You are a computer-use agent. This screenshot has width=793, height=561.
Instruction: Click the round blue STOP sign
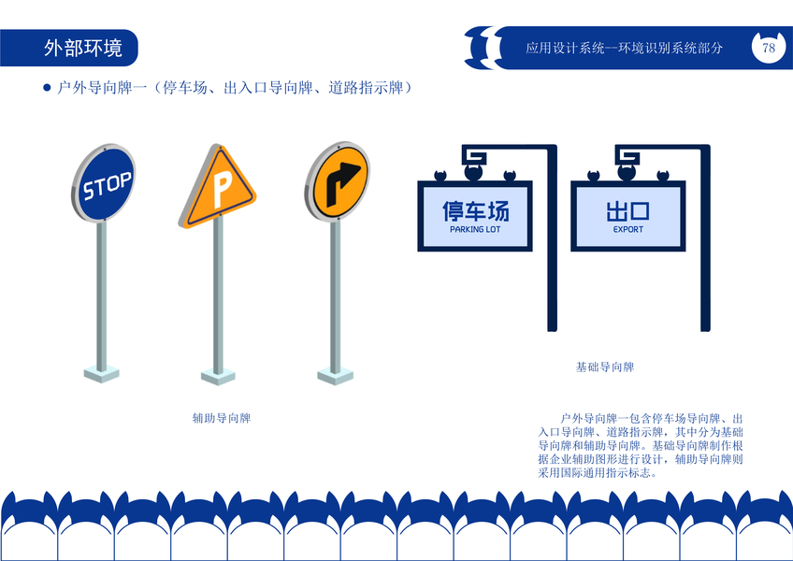coord(106,184)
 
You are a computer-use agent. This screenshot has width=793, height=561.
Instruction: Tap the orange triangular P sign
coord(218,190)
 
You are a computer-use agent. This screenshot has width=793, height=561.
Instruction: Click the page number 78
coord(769,48)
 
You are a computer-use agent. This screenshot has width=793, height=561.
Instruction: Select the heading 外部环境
coord(82,48)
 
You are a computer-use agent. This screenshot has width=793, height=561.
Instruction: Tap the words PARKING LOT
coord(475,229)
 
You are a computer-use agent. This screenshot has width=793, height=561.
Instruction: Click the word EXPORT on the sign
coord(628,229)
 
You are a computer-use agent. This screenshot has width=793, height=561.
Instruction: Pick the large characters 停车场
coord(475,209)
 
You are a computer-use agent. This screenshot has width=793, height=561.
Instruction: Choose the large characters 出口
coord(628,209)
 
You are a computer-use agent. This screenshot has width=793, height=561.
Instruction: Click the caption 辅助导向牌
coord(221,418)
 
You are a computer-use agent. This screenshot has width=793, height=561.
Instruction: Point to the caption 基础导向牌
coord(605,367)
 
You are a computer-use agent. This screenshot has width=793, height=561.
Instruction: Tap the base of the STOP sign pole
coord(101,373)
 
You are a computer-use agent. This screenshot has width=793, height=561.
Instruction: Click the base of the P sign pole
coord(219,374)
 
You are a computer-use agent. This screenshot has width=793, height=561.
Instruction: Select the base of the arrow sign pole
coord(335,375)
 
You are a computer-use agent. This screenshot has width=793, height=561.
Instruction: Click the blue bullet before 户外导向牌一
coord(47,88)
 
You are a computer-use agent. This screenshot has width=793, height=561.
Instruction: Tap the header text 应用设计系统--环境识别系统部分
coord(624,48)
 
